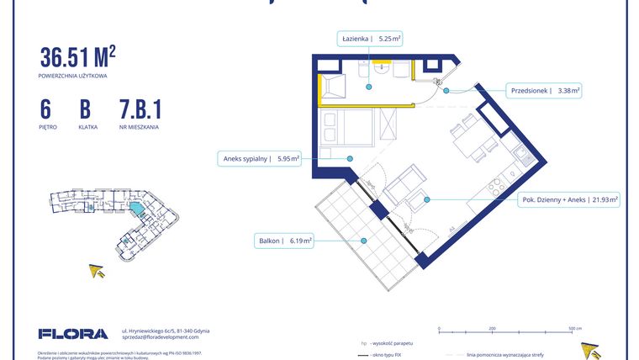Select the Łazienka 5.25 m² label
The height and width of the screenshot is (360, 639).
[371, 39]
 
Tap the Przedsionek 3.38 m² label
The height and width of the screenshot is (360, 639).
[546, 90]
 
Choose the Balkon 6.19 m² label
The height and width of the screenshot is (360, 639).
[285, 241]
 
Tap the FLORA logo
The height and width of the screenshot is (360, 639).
[73, 333]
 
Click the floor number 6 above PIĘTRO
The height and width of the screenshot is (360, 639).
[45, 109]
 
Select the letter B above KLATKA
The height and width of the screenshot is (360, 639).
[85, 109]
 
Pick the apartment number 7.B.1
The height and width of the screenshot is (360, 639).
[140, 109]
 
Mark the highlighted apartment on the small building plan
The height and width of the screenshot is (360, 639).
[135, 207]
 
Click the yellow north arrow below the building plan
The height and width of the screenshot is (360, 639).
[98, 271]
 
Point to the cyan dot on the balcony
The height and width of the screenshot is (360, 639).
[364, 241]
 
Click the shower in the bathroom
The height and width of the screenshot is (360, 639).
[331, 86]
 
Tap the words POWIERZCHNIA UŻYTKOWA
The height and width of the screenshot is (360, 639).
[72, 76]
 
